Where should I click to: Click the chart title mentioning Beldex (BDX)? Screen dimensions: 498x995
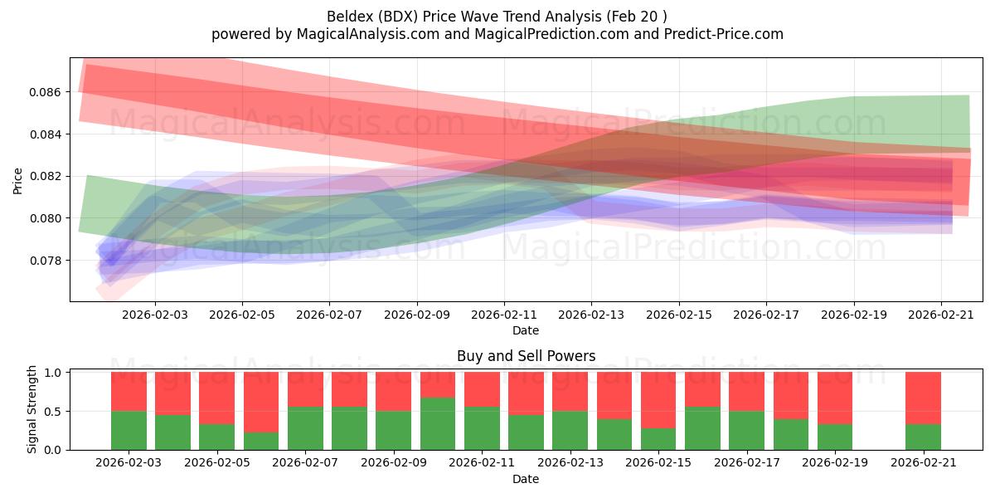click(497, 16)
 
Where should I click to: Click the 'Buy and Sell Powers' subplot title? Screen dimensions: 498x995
click(526, 356)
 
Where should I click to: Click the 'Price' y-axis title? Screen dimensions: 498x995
click(17, 180)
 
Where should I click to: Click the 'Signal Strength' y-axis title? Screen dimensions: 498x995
click(32, 409)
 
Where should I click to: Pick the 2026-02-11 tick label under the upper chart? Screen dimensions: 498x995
click(504, 315)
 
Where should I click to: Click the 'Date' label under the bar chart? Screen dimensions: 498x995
click(526, 479)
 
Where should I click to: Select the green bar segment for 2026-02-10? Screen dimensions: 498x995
click(438, 424)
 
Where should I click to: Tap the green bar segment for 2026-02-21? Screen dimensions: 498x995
click(923, 437)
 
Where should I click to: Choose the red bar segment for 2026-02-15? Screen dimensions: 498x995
click(658, 400)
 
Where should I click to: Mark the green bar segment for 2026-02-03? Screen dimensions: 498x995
click(129, 431)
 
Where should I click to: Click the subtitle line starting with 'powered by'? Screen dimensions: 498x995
click(497, 34)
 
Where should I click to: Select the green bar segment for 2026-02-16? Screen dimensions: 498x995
click(702, 428)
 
